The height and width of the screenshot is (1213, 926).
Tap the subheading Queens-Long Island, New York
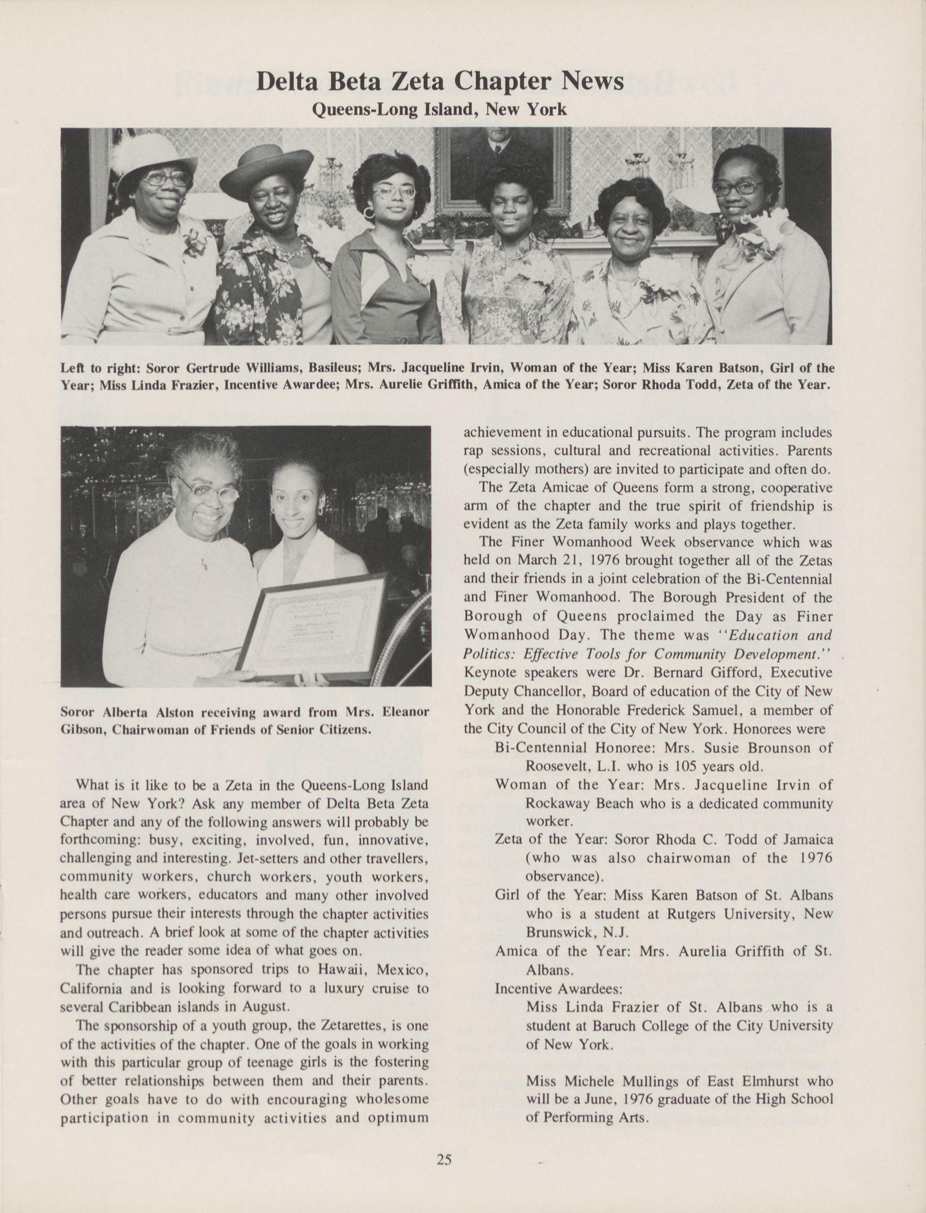coord(439,109)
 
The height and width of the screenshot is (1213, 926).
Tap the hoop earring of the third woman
coord(368,212)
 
